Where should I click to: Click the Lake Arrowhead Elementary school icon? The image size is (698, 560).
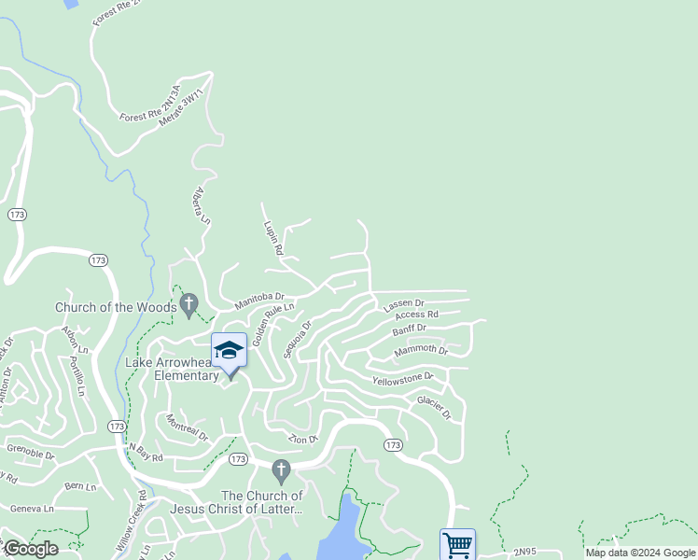pos(229,351)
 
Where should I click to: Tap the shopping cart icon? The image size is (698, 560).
pos(457,544)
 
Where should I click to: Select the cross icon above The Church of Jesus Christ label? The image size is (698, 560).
pos(280,469)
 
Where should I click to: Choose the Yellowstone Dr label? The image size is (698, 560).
pos(402,379)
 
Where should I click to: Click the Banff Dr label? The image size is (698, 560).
pos(409,329)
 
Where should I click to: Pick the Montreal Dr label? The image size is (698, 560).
pos(188,430)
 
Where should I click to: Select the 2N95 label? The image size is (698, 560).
pos(525,553)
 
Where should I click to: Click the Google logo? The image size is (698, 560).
pos(30,549)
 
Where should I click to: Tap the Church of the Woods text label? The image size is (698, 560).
pos(115,307)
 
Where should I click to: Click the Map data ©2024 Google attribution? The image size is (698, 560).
pos(639,553)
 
